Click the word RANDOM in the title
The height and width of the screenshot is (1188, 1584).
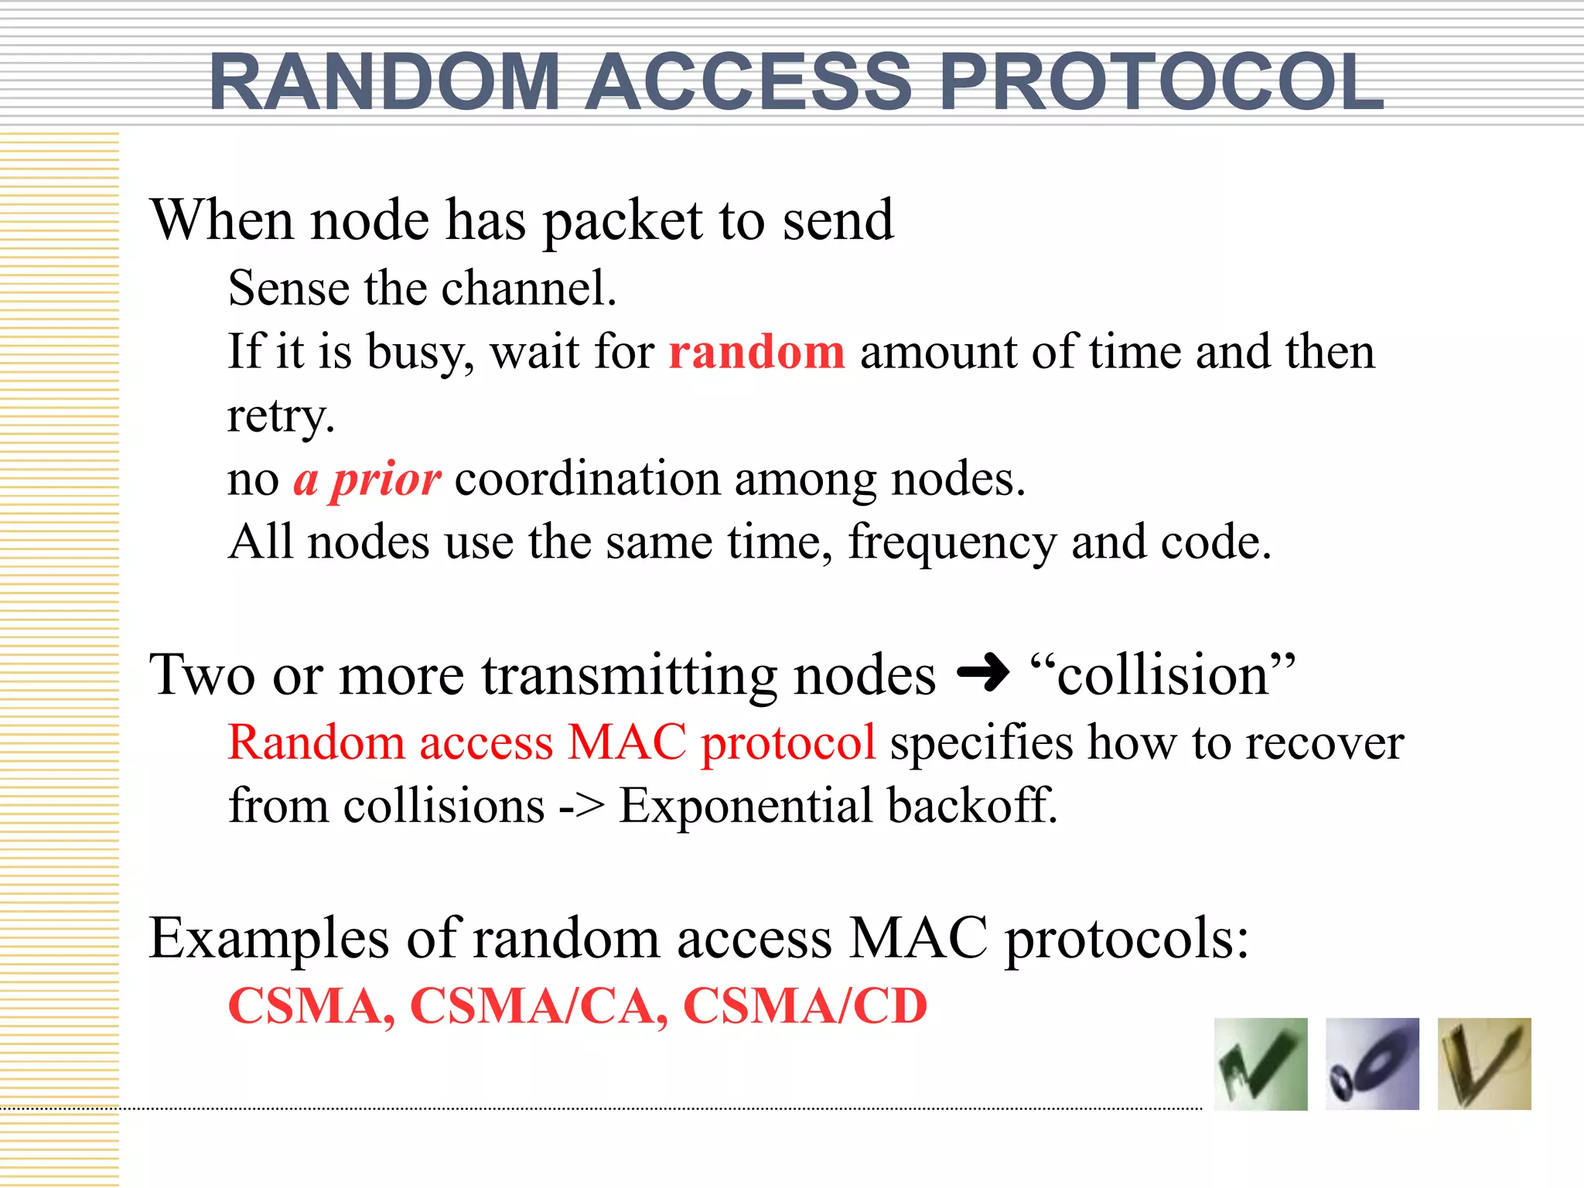point(384,82)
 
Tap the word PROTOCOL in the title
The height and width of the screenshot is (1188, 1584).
point(1160,82)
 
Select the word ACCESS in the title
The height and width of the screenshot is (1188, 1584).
point(749,82)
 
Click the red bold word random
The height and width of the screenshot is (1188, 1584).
point(756,353)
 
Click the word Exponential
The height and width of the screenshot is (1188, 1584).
point(746,806)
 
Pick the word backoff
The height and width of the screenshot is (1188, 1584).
point(971,806)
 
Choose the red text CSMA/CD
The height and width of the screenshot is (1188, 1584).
point(805,1006)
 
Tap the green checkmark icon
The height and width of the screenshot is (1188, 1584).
point(1261,1064)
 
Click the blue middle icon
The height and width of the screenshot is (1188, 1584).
point(1372,1064)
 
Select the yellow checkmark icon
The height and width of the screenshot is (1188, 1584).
point(1484,1064)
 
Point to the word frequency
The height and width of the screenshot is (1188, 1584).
point(952,543)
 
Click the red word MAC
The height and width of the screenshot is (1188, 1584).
point(626,742)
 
